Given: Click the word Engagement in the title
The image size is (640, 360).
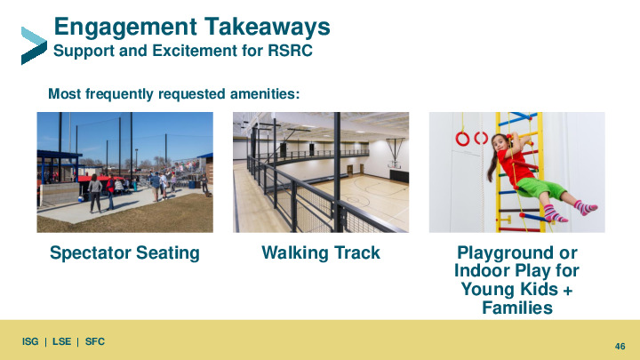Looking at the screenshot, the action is pos(125,28).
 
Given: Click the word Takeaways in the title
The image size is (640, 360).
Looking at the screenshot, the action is pos(268,27).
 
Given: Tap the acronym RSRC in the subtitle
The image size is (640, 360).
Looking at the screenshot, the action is pos(290,51).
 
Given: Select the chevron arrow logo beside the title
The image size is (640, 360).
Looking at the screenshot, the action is pos(34,45).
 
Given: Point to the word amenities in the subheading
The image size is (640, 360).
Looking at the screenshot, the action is pos(265,94).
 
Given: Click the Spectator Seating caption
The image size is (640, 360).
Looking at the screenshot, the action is pos(125,253).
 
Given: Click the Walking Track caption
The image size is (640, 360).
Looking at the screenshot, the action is pos(321,252).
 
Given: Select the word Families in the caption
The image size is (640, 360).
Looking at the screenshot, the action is pos(517,308).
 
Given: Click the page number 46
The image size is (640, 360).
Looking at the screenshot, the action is pos(620,346).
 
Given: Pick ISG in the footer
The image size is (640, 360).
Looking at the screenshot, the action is pos(30,341).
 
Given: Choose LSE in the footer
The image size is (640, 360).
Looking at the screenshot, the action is pos(61,341).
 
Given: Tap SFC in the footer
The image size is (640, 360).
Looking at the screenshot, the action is pos(95,341).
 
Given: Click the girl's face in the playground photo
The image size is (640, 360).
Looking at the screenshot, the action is pos(500,144).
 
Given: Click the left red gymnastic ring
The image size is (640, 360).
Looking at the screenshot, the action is pos(462,139).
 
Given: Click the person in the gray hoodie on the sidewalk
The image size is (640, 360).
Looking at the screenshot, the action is pos(95,194).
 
